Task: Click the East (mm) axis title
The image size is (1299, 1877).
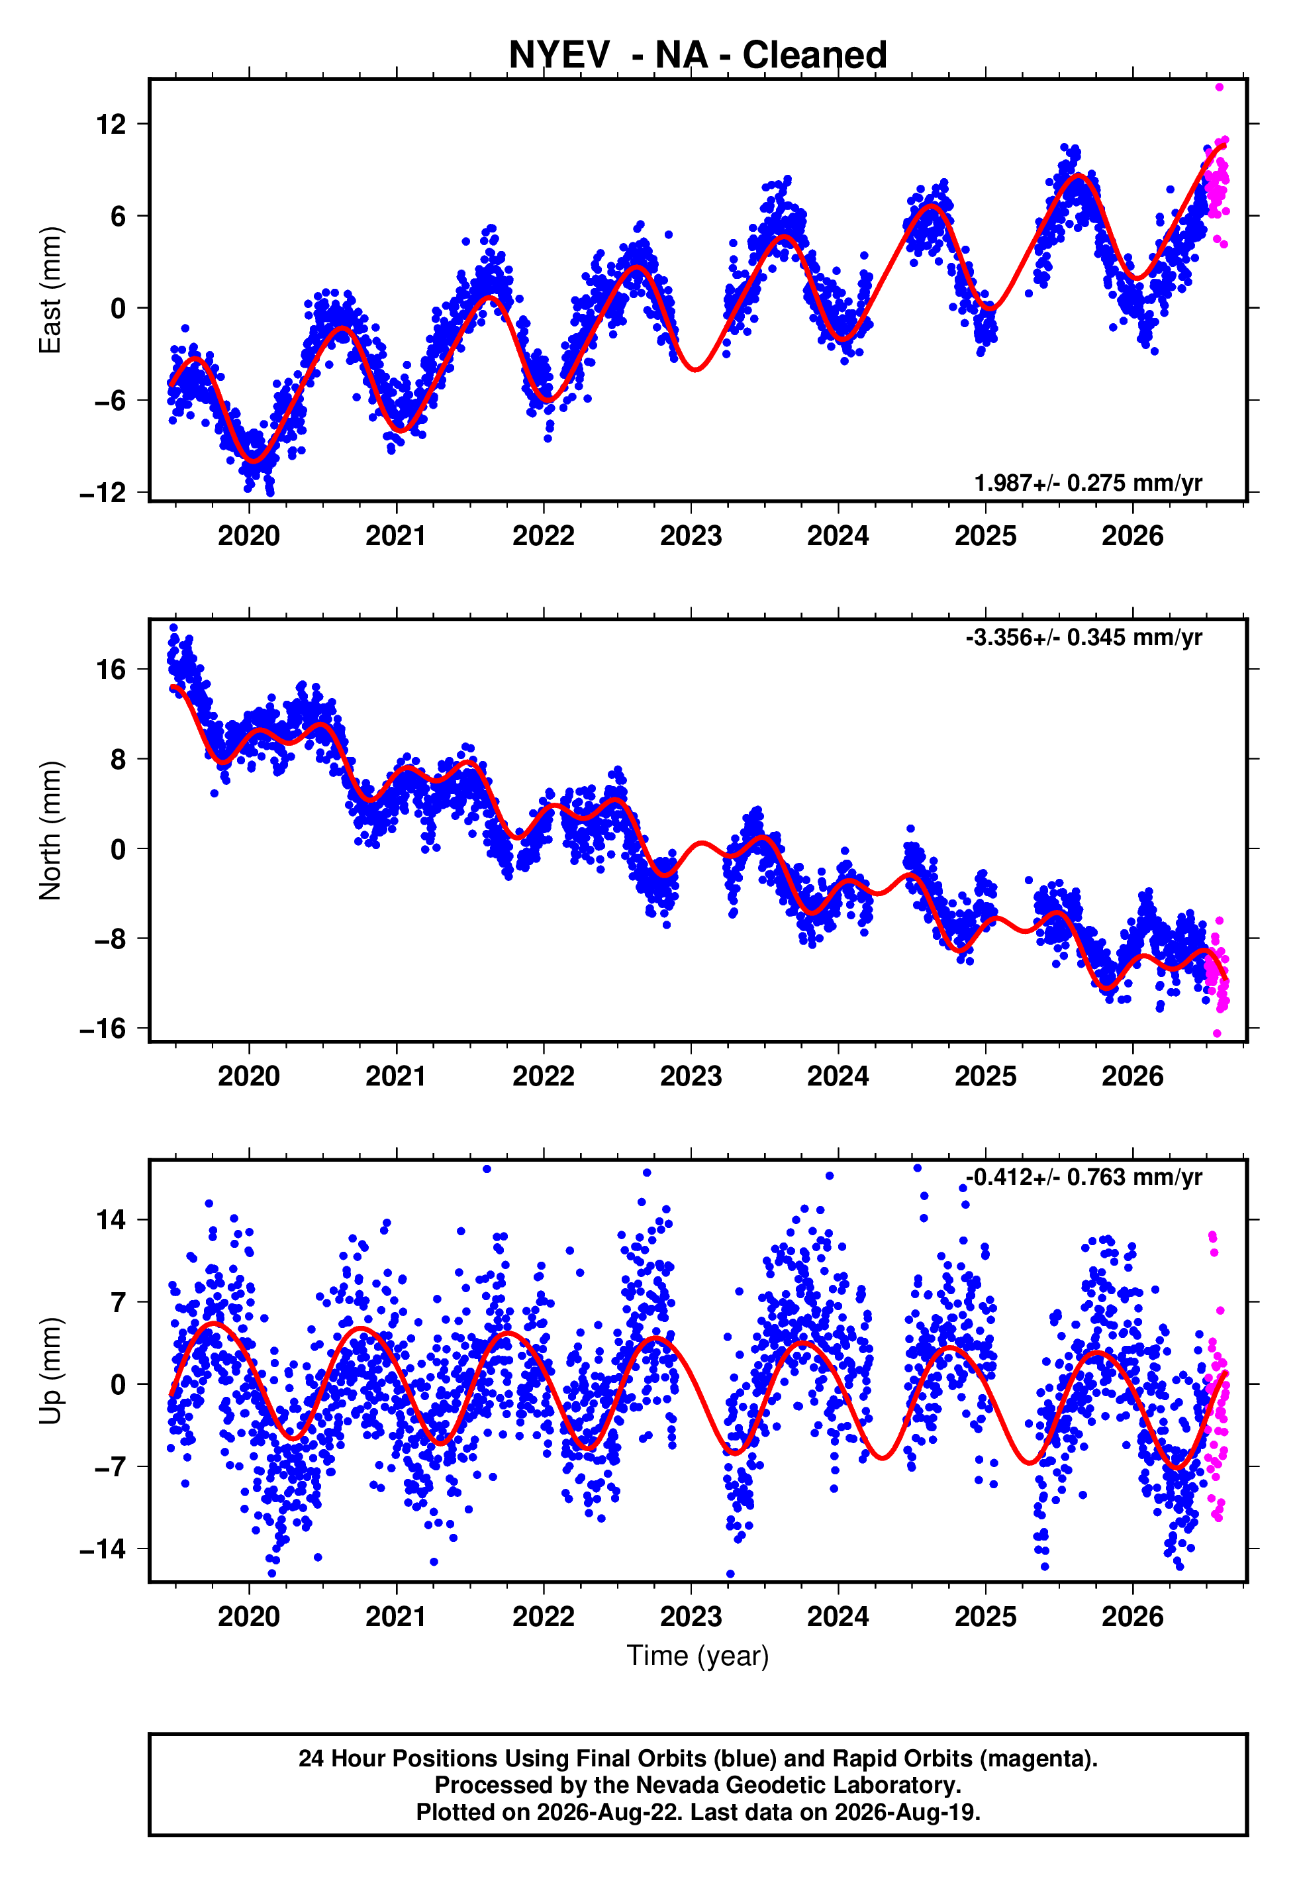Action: [50, 290]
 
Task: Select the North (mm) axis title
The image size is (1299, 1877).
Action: [50, 831]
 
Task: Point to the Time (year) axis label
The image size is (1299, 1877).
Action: [698, 1656]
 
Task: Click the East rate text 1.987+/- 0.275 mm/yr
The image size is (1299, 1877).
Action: [1088, 483]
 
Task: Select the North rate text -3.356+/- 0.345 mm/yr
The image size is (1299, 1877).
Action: [1084, 636]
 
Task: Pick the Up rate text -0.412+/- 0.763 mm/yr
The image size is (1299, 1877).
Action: [1084, 1177]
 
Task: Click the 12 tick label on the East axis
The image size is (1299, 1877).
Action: [111, 125]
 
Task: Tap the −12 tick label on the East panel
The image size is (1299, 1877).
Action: [103, 493]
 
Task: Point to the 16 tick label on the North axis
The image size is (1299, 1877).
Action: [111, 670]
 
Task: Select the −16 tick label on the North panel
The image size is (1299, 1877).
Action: [103, 1029]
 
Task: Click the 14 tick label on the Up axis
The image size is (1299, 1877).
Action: [111, 1219]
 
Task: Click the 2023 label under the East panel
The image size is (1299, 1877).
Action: [691, 536]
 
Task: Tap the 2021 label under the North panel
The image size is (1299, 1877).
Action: [397, 1076]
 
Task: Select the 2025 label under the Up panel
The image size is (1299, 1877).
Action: [986, 1617]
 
